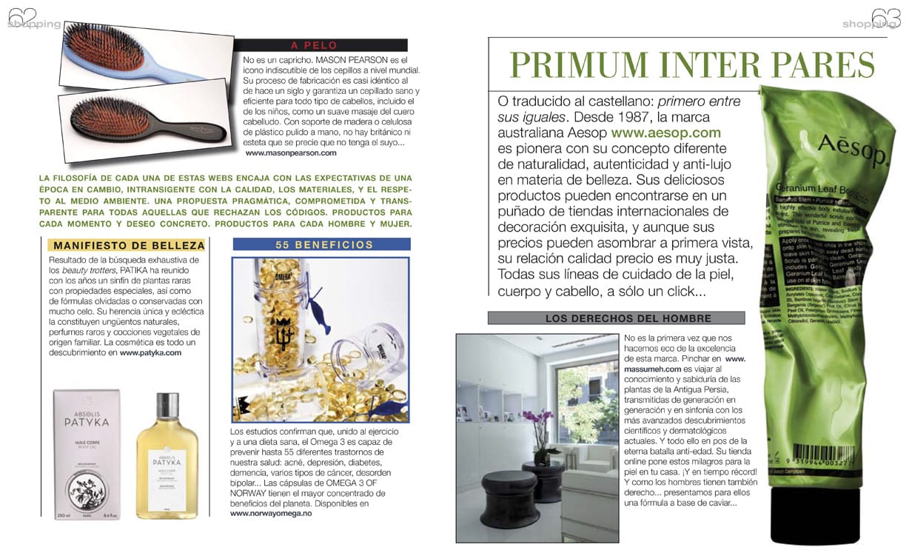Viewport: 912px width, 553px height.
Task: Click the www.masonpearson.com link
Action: [x=290, y=153]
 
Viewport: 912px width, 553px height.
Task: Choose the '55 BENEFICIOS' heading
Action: [x=321, y=244]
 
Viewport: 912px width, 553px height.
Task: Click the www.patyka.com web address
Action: [x=150, y=353]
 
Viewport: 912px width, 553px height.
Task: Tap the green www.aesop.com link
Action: [x=665, y=133]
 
